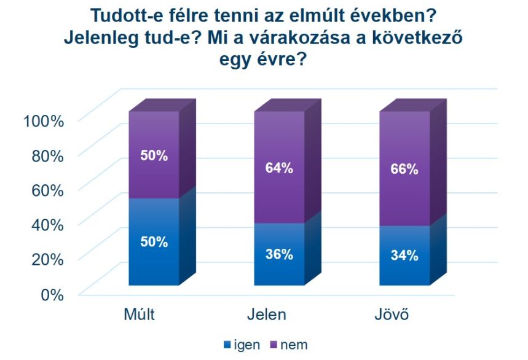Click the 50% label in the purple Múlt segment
pos(154,155)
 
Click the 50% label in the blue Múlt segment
pos(154,241)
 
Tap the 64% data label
pos(279,168)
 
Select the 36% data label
pos(279,254)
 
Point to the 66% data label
pos(404,170)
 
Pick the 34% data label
pos(404,256)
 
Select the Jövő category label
pos(392,315)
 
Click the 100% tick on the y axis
pos(44,120)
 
